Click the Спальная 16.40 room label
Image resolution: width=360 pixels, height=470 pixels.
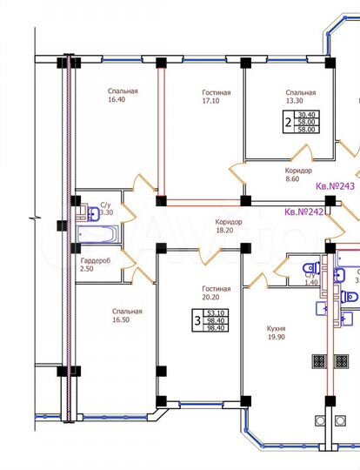(124, 95)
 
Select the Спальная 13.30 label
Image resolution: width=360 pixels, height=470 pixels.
(300, 97)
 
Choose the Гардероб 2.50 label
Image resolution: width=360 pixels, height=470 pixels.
(95, 265)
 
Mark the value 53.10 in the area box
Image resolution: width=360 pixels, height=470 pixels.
(215, 313)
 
